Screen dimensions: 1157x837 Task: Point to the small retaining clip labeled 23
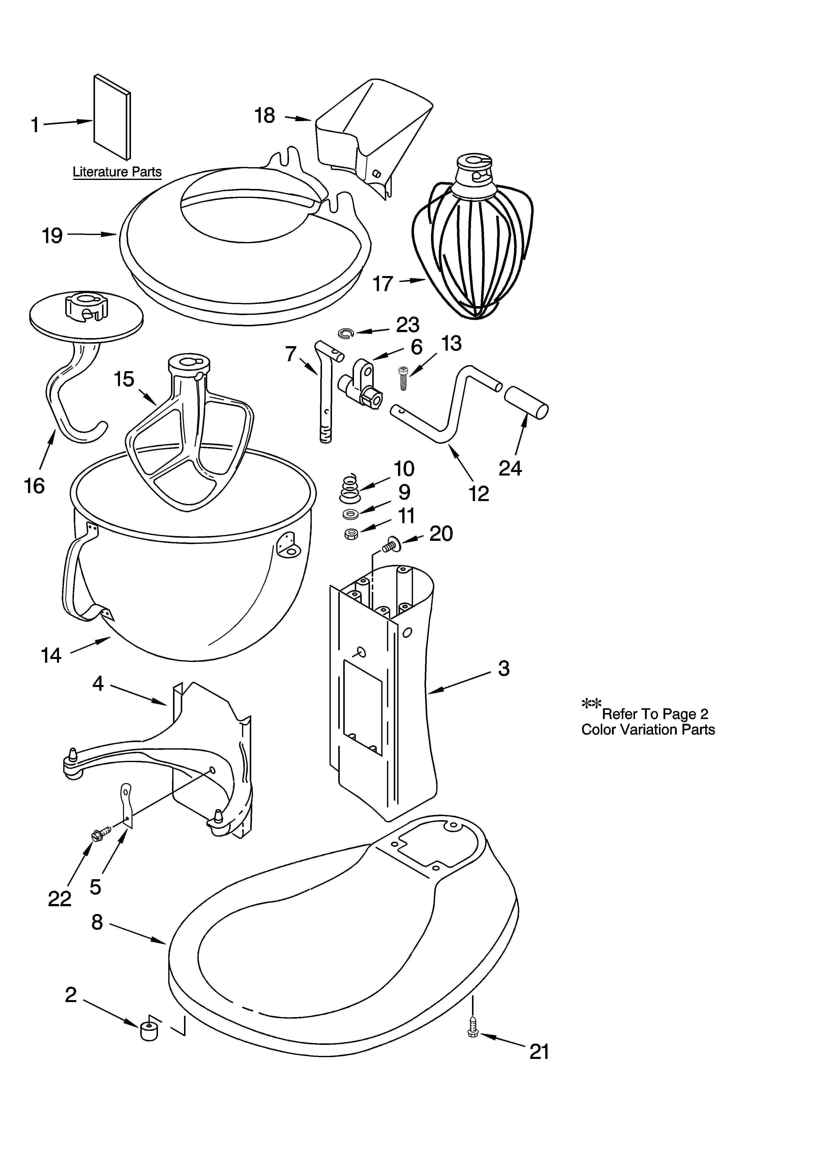pos(345,333)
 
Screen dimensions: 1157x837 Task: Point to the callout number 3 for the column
pos(504,668)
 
